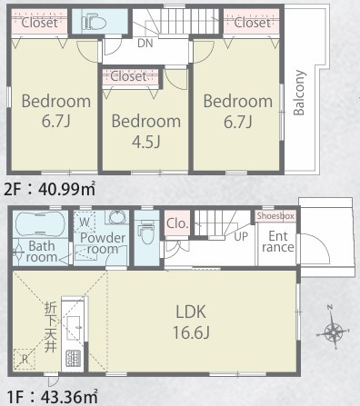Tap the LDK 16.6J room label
tap(191, 322)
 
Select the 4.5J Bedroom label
tap(146, 131)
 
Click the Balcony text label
tap(299, 93)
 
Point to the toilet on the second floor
tap(94, 22)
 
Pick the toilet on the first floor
tap(146, 233)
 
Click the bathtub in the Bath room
tap(40, 223)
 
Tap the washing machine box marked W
tap(85, 223)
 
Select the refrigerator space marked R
tap(25, 359)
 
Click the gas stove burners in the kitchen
tap(74, 358)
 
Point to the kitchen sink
tap(74, 328)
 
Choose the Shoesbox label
tap(275, 216)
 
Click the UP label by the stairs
tap(241, 236)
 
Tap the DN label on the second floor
tap(145, 43)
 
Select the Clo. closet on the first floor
tap(177, 223)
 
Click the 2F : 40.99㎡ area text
tap(50, 189)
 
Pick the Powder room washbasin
tap(116, 217)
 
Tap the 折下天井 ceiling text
tap(50, 327)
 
